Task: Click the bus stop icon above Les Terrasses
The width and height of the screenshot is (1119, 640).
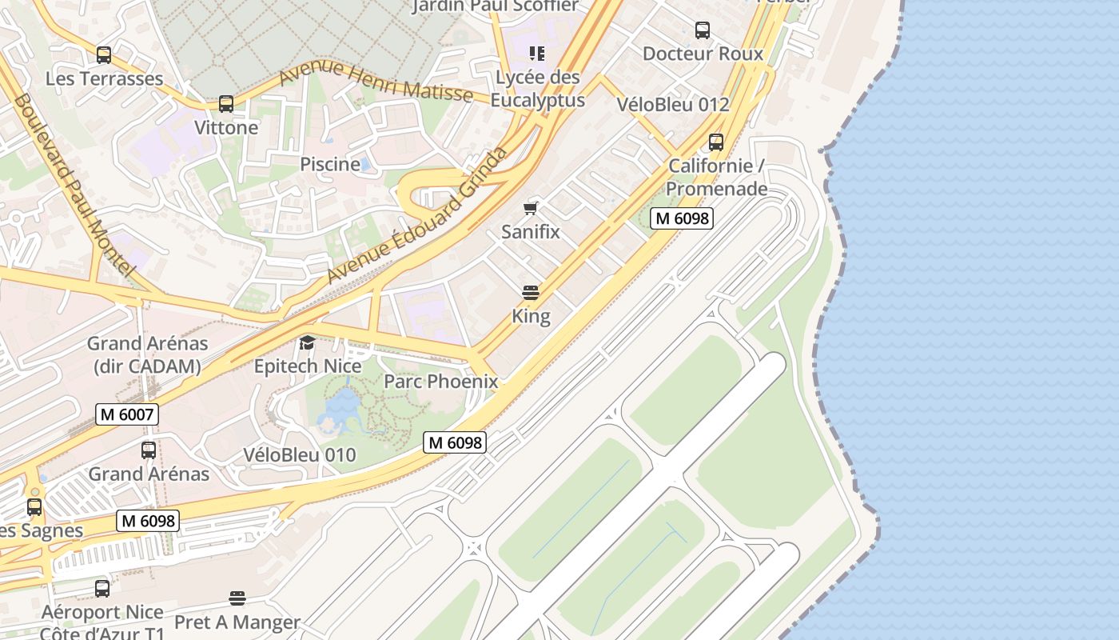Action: [103, 55]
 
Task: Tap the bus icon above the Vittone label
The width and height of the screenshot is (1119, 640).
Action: [226, 104]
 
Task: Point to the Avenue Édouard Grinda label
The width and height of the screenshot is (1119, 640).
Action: [417, 216]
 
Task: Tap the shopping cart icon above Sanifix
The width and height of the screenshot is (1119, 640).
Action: [530, 209]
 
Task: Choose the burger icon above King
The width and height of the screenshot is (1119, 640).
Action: [531, 293]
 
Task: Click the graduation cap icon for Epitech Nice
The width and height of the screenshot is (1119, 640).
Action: [307, 343]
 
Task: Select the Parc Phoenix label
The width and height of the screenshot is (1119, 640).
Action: [440, 382]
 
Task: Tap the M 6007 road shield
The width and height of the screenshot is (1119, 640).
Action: [127, 414]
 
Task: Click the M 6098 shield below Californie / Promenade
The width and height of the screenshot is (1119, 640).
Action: [681, 218]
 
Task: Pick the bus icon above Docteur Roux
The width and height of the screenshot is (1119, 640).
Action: [702, 30]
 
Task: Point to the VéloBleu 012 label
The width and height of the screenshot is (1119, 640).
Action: [673, 105]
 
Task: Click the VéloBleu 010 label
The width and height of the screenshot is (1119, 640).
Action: [299, 455]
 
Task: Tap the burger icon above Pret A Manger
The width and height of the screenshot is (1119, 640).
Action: [237, 598]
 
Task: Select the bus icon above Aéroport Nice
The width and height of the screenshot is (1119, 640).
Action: [102, 589]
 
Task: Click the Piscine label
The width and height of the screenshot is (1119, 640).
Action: [329, 164]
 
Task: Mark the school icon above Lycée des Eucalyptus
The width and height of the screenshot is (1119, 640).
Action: [536, 54]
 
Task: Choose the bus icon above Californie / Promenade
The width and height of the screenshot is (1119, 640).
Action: [715, 142]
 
